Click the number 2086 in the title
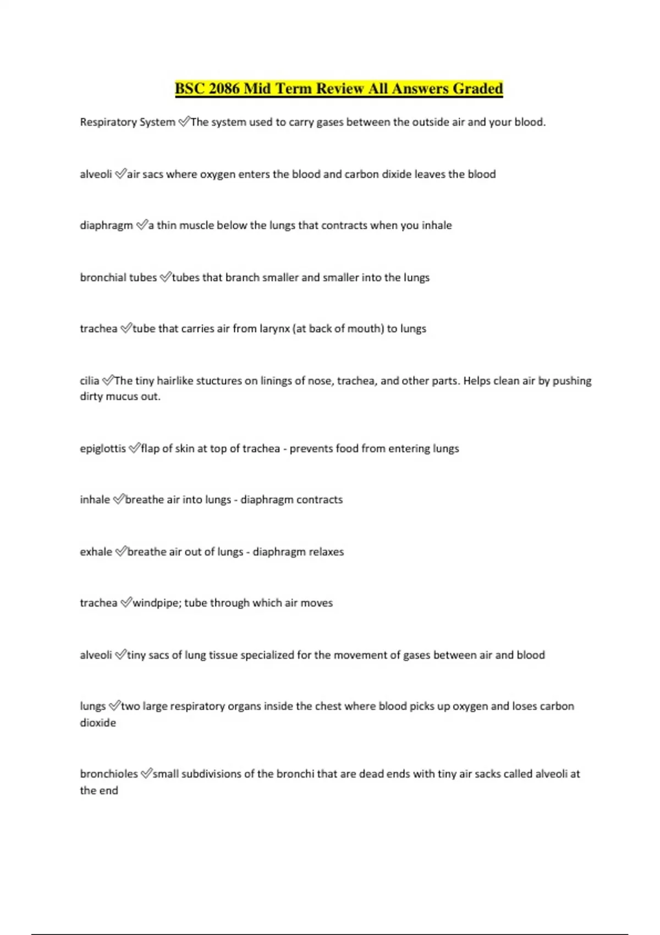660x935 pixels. [x=224, y=89]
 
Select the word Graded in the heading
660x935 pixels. [x=477, y=89]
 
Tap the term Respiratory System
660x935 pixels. [x=128, y=122]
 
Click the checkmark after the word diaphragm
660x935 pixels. [x=142, y=225]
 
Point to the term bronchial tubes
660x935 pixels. [x=118, y=277]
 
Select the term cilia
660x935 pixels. [x=90, y=381]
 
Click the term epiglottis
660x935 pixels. [x=103, y=448]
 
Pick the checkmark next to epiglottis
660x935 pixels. [x=134, y=448]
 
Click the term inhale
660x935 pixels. [x=95, y=499]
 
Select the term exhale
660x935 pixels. [x=96, y=552]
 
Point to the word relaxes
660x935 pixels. [x=326, y=552]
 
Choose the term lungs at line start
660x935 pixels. [x=92, y=706]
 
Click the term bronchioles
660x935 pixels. [x=109, y=774]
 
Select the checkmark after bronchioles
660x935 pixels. [x=146, y=774]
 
